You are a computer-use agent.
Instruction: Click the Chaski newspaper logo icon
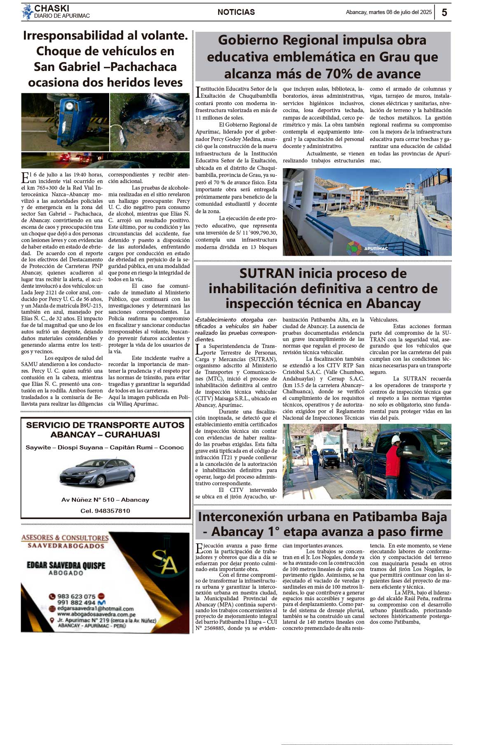[x=27, y=12]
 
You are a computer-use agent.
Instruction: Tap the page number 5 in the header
[x=444, y=12]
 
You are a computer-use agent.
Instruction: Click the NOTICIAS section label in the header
[x=236, y=12]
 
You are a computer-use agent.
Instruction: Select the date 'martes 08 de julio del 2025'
[x=400, y=12]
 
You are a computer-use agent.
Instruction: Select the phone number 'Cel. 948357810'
[x=105, y=511]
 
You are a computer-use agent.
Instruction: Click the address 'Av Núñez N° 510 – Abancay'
[x=105, y=500]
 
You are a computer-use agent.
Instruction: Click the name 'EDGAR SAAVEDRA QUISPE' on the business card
[x=66, y=565]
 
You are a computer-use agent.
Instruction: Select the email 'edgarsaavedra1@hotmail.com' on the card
[x=95, y=609]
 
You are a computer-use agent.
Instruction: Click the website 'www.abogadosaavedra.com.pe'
[x=96, y=614]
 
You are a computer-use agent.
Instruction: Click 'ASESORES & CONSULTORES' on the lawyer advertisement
[x=65, y=538]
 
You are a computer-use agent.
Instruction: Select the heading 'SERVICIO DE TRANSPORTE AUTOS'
[x=105, y=425]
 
